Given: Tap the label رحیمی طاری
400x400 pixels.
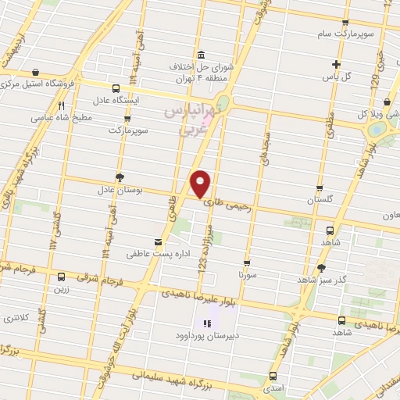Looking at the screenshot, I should tap(230, 205).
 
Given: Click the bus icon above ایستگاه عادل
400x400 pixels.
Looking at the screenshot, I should tap(116, 88).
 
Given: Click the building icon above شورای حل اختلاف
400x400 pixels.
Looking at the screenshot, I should tap(202, 54).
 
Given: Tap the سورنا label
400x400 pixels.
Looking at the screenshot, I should tap(247, 276).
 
